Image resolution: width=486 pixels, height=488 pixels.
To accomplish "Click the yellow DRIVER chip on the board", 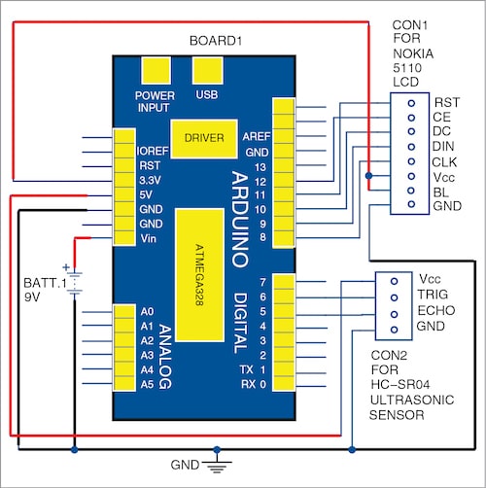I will pyautogui.click(x=202, y=137).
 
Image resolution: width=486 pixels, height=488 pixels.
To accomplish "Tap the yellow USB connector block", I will pyautogui.click(x=206, y=73).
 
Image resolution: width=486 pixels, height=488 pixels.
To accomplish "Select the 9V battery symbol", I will pyautogui.click(x=73, y=282).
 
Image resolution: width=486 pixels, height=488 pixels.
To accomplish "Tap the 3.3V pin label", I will pyautogui.click(x=152, y=181).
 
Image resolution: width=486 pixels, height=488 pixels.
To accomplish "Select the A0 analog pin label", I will pyautogui.click(x=147, y=311).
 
